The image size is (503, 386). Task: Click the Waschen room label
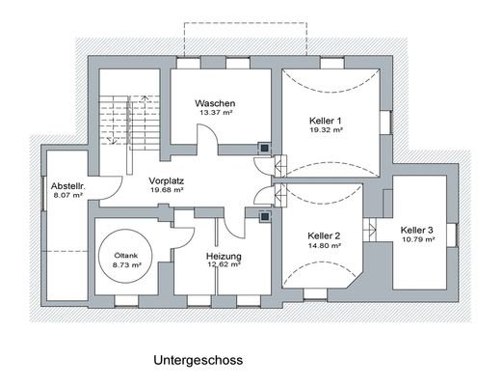(x=215, y=103)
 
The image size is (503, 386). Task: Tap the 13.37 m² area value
(x=215, y=113)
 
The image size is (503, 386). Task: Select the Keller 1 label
(x=326, y=120)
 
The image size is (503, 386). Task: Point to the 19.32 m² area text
(x=326, y=129)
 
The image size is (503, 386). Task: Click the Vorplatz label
(x=167, y=180)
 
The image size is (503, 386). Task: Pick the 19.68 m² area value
(x=167, y=190)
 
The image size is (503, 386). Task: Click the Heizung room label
(x=223, y=256)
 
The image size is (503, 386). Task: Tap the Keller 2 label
(x=325, y=235)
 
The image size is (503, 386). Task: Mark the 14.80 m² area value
(x=325, y=246)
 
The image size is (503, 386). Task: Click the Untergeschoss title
(x=198, y=361)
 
